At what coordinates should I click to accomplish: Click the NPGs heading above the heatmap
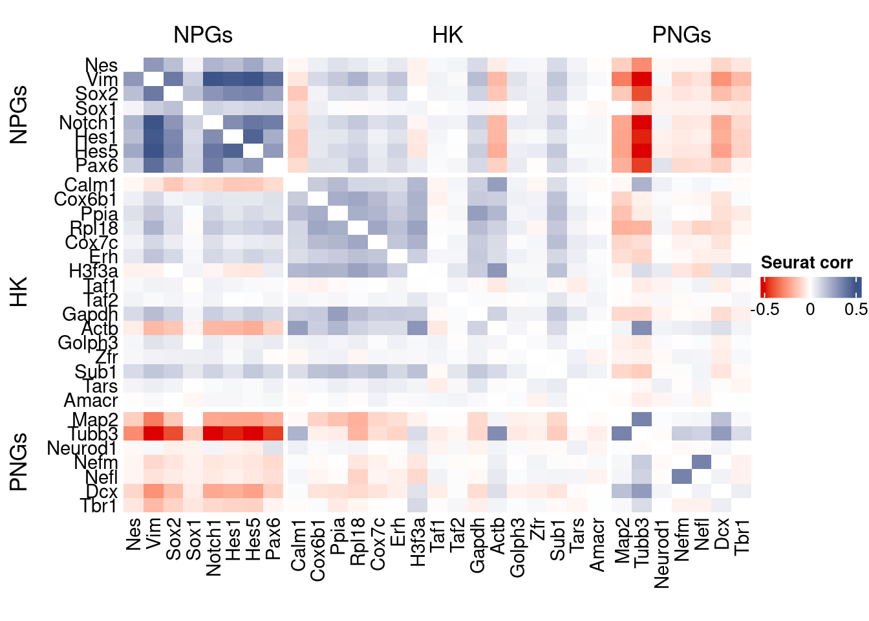coord(202,35)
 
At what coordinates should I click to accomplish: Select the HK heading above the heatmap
coord(447,35)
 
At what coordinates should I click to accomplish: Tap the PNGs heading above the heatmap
coord(681,35)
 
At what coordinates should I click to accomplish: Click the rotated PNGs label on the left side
coord(19,462)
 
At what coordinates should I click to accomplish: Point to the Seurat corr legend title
coord(806,263)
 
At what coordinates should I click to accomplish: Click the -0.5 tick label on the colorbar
coord(765,309)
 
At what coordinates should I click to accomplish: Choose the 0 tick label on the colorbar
coord(810,309)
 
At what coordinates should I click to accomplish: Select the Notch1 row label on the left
coord(88,123)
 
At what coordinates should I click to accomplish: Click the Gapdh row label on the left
coord(90,314)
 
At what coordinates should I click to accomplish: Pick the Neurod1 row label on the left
coord(82,448)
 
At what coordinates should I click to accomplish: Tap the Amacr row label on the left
coord(91,400)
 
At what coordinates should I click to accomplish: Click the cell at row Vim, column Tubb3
coord(641,80)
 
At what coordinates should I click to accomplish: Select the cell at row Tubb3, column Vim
coord(153,433)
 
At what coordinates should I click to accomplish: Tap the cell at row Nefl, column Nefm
coord(681,477)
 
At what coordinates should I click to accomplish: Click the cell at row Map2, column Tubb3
coord(641,419)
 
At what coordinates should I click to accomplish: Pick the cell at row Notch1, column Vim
coord(153,123)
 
